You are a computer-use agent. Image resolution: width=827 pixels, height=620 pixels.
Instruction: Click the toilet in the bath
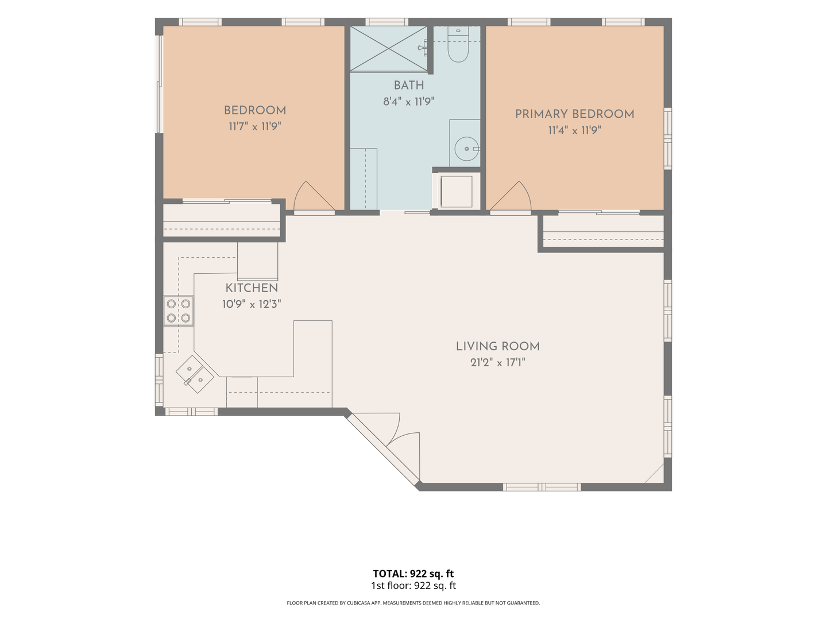pyautogui.click(x=458, y=45)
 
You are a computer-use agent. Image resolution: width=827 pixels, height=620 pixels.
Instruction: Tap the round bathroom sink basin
pyautogui.click(x=466, y=149)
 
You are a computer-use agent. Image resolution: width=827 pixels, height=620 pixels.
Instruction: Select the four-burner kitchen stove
pyautogui.click(x=178, y=311)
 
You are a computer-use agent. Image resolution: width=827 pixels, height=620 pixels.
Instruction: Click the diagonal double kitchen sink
pyautogui.click(x=195, y=374)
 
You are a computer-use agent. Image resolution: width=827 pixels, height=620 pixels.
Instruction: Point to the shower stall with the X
pyautogui.click(x=389, y=49)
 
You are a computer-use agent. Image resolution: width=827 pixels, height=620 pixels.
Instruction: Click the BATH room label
pyautogui.click(x=409, y=86)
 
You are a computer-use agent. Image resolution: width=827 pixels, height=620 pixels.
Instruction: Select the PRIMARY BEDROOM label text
pyautogui.click(x=574, y=114)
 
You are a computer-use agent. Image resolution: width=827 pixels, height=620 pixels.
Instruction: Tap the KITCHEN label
pyautogui.click(x=252, y=288)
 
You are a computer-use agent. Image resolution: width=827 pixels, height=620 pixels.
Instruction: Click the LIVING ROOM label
pyautogui.click(x=498, y=346)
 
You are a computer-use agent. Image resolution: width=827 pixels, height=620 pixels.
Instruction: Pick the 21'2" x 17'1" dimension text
pyautogui.click(x=498, y=362)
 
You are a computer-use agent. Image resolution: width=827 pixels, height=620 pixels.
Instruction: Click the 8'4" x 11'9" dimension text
pyautogui.click(x=409, y=102)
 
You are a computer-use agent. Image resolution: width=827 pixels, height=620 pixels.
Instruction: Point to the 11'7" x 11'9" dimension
pyautogui.click(x=255, y=126)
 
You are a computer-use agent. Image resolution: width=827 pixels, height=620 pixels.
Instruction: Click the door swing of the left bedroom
pyautogui.click(x=314, y=195)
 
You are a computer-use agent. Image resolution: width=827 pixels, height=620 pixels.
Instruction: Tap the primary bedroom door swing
pyautogui.click(x=511, y=195)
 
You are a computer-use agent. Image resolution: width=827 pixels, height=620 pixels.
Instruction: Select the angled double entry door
pyautogui.click(x=384, y=448)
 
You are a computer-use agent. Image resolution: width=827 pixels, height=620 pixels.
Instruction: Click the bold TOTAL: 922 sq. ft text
pyautogui.click(x=413, y=573)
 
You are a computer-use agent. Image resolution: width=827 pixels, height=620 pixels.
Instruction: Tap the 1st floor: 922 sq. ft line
pyautogui.click(x=413, y=586)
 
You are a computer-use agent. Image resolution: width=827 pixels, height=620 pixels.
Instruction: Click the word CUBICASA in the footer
pyautogui.click(x=358, y=603)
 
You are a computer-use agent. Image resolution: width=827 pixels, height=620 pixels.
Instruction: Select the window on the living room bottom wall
pyautogui.click(x=542, y=487)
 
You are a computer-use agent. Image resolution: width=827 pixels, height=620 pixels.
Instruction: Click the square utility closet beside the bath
pyautogui.click(x=456, y=191)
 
